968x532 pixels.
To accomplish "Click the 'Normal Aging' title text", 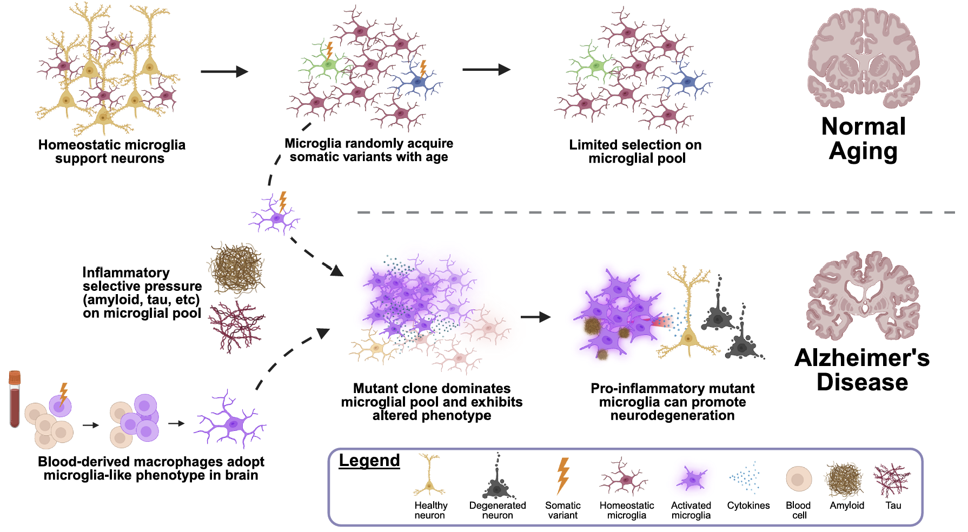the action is tap(864, 139).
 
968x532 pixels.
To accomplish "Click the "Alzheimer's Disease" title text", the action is tap(862, 370).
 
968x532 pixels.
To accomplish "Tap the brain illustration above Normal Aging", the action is tap(864, 58).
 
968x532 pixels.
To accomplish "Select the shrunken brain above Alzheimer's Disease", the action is tap(863, 295).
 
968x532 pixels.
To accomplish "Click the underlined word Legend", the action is tap(369, 461).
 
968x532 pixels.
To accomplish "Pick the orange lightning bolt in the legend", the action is tap(563, 475).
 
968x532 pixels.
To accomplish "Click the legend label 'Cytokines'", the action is tap(748, 506).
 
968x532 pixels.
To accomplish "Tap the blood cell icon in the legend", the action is tap(799, 479).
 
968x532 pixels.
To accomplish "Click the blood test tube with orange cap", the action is tap(15, 399).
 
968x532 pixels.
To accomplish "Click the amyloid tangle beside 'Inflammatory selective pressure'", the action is tap(236, 268).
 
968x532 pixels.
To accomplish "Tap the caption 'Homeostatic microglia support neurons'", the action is tap(111, 151).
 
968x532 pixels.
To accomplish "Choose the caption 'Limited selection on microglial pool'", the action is tap(635, 151).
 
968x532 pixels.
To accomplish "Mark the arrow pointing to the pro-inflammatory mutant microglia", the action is tap(535, 317).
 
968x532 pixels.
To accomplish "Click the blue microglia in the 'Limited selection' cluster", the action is tap(687, 82).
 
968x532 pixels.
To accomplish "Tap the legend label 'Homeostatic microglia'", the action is tap(627, 510).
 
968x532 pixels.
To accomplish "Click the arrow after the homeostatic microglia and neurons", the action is tap(224, 71).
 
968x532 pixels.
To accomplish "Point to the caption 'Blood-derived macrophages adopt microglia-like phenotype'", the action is tap(151, 468).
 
